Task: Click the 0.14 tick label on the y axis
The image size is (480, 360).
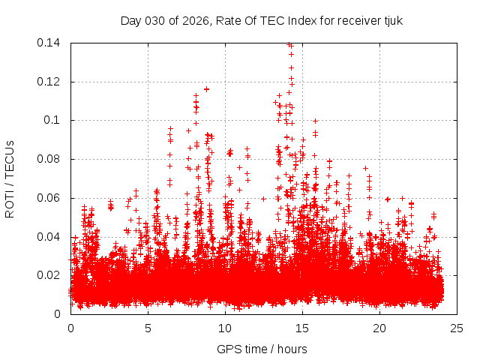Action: pos(49,43)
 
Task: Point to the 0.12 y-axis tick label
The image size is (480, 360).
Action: pos(49,82)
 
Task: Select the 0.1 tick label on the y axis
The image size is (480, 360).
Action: pos(52,120)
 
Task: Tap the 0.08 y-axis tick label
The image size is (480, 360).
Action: pos(49,159)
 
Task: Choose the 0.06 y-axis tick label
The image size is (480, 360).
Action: pos(49,198)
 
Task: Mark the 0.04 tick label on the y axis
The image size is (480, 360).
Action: pos(49,237)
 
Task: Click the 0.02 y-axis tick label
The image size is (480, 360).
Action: pos(49,275)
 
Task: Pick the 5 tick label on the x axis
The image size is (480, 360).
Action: pos(148,328)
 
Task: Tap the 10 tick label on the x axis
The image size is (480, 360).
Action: pos(225,328)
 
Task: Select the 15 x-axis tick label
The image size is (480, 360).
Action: pos(302,328)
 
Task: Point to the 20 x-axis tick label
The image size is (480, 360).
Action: pos(379,328)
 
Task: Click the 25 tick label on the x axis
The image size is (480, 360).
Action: pos(457,328)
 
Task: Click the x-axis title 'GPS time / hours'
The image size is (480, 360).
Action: pos(262,349)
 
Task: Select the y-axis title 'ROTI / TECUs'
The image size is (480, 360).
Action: pos(10,178)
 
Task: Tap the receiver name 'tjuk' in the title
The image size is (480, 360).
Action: pos(393,20)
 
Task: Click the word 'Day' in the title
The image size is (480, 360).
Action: pos(130,20)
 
